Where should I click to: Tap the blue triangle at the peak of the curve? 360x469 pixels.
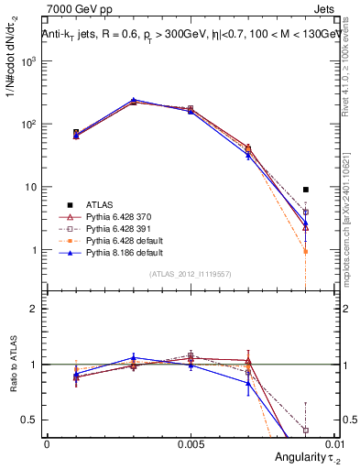coord(134,100)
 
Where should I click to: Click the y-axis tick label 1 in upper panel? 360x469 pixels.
coord(35,250)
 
